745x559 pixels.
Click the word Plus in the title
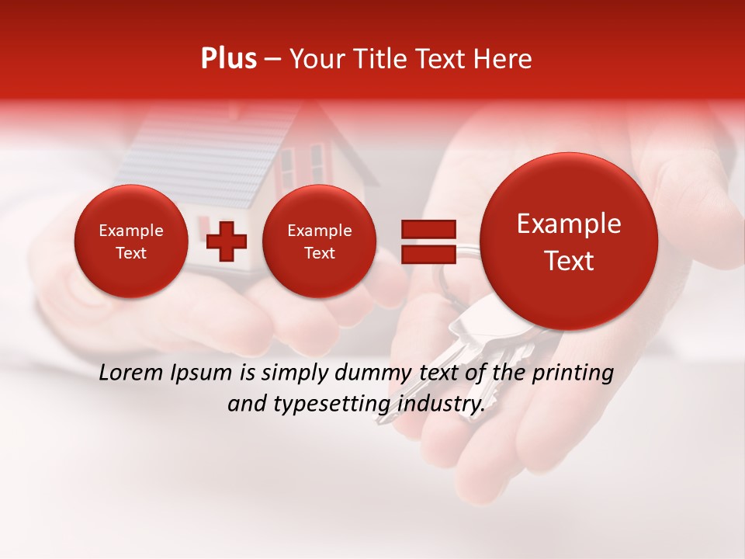click(x=228, y=59)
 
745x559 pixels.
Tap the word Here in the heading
click(x=504, y=59)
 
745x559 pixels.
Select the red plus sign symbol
click(x=227, y=241)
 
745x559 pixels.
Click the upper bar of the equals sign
click(x=428, y=229)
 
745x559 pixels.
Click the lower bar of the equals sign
click(x=428, y=254)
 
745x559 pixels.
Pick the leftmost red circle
click(x=131, y=241)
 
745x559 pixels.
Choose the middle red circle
click(x=320, y=241)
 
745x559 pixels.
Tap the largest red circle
click(x=569, y=241)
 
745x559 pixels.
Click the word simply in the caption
click(x=292, y=373)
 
